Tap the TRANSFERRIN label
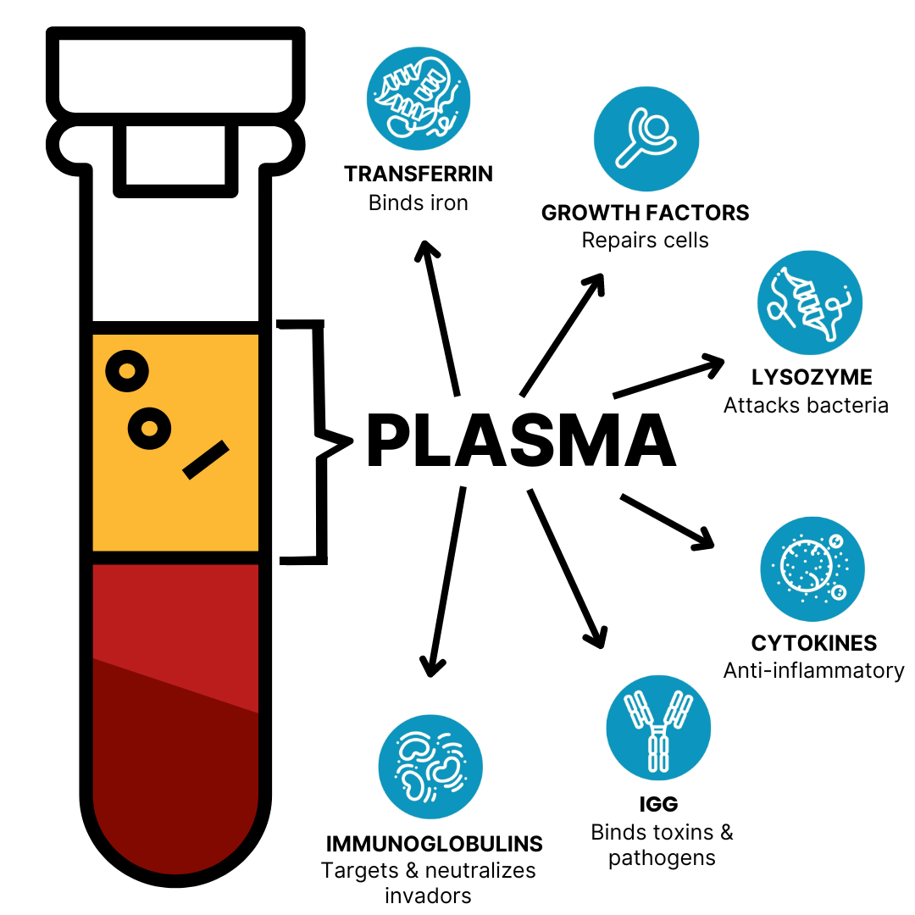[x=419, y=175]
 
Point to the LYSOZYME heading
[x=812, y=377]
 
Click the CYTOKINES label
[x=814, y=642]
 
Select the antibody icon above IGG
[x=658, y=728]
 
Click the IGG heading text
[x=658, y=804]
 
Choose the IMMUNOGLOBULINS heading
[x=434, y=844]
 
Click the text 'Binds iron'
[x=419, y=203]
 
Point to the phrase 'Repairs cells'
[x=645, y=241]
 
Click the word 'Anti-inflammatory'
[x=813, y=671]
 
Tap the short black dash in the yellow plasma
[x=206, y=460]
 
